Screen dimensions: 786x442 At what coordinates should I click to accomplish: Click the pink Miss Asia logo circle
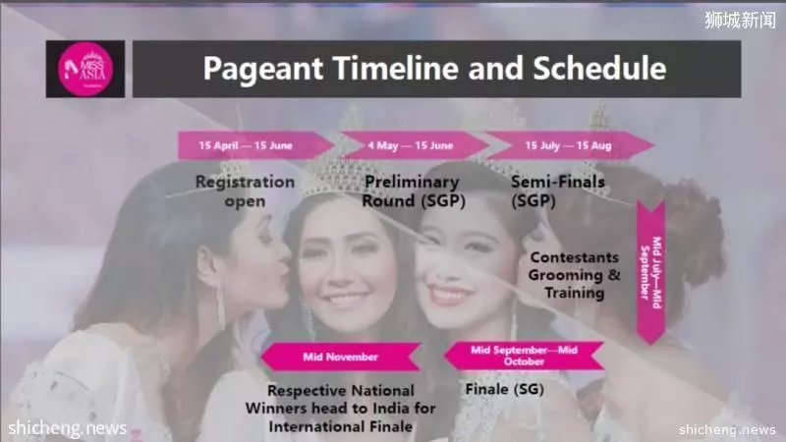[85, 69]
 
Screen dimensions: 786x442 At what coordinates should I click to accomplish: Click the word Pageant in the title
[263, 69]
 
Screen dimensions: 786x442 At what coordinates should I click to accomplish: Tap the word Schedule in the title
[599, 68]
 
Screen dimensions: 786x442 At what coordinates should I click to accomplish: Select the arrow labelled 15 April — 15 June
[255, 145]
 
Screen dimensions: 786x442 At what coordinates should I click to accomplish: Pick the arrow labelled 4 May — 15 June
[415, 145]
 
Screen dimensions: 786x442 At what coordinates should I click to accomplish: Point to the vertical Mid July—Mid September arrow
[651, 272]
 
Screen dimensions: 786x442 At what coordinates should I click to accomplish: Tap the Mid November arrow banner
[341, 357]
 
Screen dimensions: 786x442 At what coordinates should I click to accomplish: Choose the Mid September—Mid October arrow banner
[524, 356]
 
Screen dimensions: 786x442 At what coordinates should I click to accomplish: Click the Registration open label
[245, 192]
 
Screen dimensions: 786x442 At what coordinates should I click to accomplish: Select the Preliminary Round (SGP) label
[414, 191]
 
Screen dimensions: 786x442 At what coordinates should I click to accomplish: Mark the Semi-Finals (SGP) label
[558, 191]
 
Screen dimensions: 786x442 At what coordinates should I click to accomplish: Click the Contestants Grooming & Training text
[575, 275]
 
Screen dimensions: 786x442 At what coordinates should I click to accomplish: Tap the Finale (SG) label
[504, 389]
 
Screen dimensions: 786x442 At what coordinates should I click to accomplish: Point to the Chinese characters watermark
[740, 20]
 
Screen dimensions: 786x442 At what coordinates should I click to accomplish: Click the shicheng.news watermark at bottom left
[67, 428]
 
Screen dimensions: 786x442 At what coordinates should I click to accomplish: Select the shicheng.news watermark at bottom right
[727, 429]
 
